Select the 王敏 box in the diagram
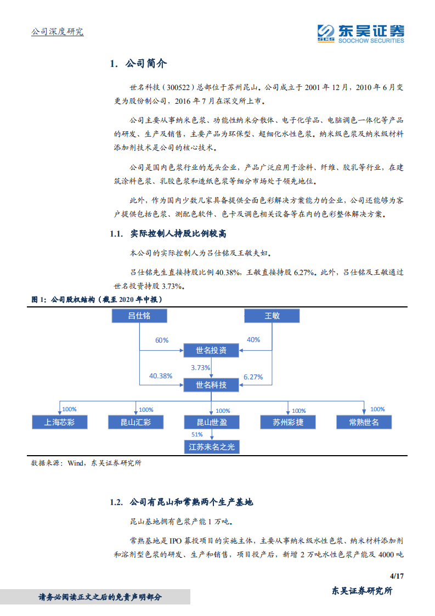click(272, 316)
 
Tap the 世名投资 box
click(211, 350)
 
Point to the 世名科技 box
click(211, 385)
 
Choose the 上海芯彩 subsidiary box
click(59, 422)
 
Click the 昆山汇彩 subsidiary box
click(135, 422)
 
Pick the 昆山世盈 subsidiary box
click(211, 422)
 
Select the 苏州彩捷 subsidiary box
click(287, 422)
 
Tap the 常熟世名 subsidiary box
click(364, 422)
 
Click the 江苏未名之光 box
click(212, 447)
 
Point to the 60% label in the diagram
click(161, 340)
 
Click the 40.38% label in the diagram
click(161, 376)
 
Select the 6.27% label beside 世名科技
click(253, 377)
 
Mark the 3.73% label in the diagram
click(200, 367)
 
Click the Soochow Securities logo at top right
click(361, 32)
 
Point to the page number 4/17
click(396, 576)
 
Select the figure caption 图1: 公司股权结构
click(97, 299)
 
